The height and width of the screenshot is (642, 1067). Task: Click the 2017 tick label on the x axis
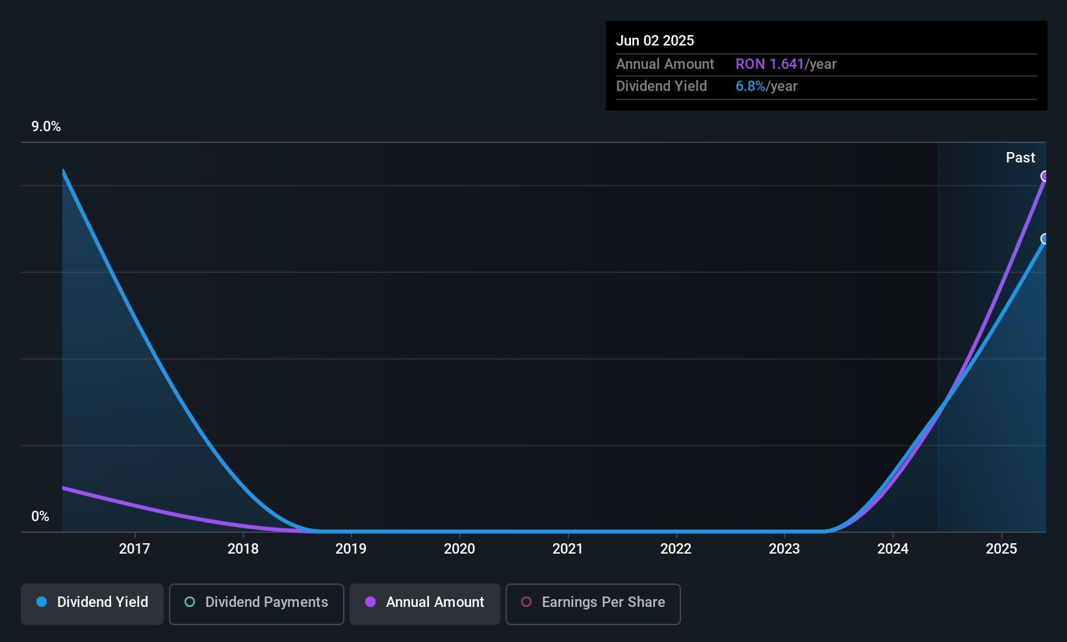(135, 549)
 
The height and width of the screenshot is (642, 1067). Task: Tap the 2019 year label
(351, 549)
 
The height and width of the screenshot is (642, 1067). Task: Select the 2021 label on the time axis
(568, 549)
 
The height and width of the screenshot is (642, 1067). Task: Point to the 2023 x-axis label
(784, 549)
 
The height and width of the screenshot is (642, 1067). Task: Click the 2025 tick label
(1001, 549)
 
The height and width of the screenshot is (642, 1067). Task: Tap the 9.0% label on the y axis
(46, 127)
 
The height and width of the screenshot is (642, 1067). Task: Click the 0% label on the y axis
(40, 517)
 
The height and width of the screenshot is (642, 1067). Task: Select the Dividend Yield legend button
(92, 602)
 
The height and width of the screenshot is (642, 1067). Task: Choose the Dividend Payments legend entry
(257, 602)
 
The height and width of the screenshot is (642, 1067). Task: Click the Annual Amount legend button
(425, 602)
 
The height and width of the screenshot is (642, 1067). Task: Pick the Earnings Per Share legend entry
(593, 602)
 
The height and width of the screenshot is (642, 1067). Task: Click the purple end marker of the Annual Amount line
(1045, 176)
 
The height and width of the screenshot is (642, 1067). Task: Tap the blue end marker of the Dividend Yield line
(1045, 239)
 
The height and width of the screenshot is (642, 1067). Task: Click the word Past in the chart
(1020, 158)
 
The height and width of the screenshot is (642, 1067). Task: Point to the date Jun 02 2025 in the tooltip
(655, 41)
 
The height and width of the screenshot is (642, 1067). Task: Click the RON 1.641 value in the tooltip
(769, 64)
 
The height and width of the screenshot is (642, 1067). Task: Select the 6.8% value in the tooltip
(751, 86)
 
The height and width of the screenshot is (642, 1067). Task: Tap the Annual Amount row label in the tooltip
(665, 64)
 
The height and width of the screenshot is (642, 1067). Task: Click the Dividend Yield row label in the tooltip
(662, 86)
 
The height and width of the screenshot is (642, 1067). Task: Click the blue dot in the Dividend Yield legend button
(42, 602)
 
